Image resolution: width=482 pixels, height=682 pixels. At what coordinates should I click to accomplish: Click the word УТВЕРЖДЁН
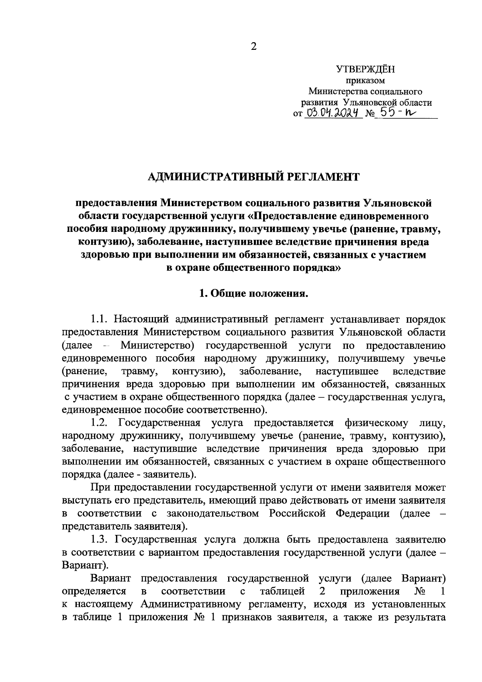tap(365, 70)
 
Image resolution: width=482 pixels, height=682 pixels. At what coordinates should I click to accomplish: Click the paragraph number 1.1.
tap(99, 319)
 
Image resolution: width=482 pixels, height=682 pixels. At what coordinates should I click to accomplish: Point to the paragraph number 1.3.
tap(99, 539)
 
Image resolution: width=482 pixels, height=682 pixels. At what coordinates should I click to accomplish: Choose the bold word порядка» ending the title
tap(315, 268)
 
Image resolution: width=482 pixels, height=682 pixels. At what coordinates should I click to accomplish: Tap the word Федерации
tap(362, 514)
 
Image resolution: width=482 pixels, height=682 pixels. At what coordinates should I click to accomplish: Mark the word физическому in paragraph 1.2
tap(376, 423)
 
